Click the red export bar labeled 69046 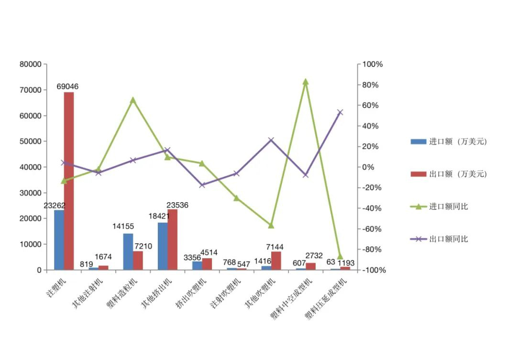click(69, 181)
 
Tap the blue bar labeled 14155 click(128, 251)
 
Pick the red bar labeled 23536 click(172, 240)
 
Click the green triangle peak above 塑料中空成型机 click(306, 82)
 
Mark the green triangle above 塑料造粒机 click(133, 100)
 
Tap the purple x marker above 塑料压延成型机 click(340, 112)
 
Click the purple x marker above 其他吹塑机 click(271, 140)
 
